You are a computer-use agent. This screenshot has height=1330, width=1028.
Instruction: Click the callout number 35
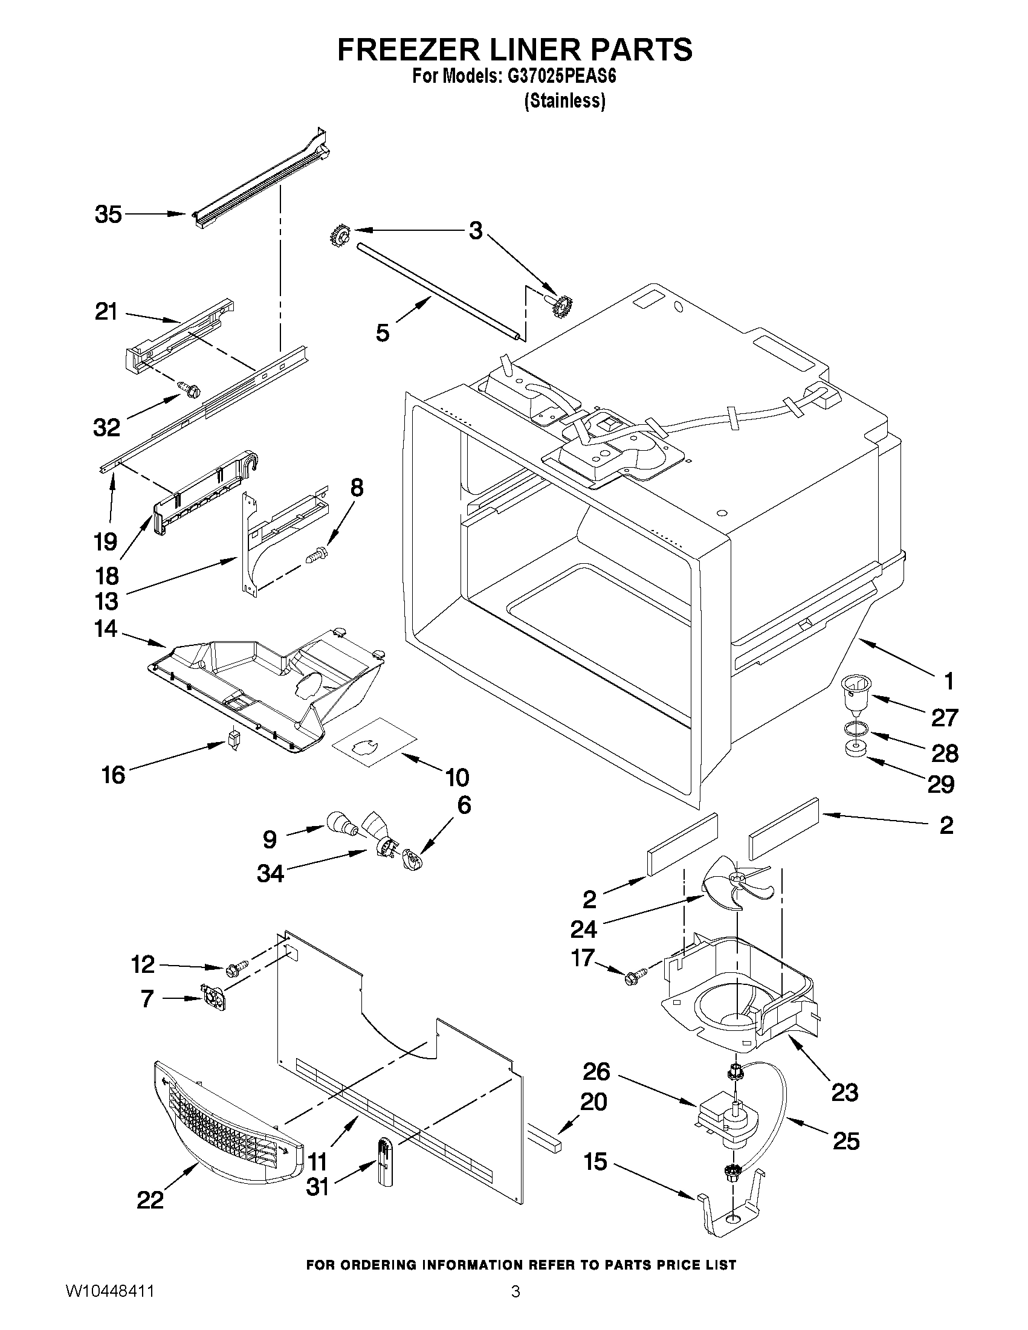point(108,215)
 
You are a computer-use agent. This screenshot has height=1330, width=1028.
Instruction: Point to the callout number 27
point(945,717)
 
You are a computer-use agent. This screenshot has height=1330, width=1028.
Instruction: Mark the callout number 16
point(114,775)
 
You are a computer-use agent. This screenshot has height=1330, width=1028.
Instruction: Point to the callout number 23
point(845,1092)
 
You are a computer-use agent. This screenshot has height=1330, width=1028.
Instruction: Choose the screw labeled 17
point(631,980)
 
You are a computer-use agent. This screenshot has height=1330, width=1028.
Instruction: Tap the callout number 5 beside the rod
point(383,332)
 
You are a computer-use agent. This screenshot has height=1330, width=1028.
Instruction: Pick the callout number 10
point(457,777)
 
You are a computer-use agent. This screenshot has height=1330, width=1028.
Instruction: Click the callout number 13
point(106,602)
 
